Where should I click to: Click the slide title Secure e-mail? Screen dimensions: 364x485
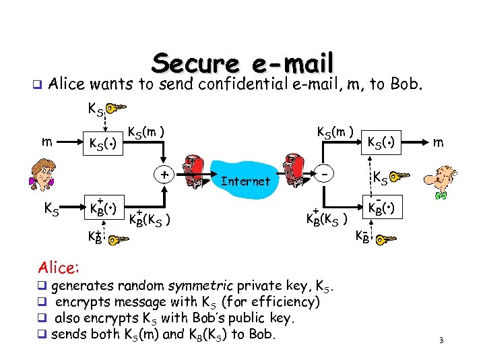pos(243,63)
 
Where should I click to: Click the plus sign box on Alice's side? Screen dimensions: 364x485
pos(164,173)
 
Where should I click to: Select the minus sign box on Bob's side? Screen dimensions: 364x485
pos(325,173)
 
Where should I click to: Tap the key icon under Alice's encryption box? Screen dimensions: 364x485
pos(119,239)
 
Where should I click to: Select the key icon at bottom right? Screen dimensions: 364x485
pos(386,239)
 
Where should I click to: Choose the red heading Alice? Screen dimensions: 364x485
pos(59,268)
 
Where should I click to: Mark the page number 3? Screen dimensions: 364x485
pos(441,341)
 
